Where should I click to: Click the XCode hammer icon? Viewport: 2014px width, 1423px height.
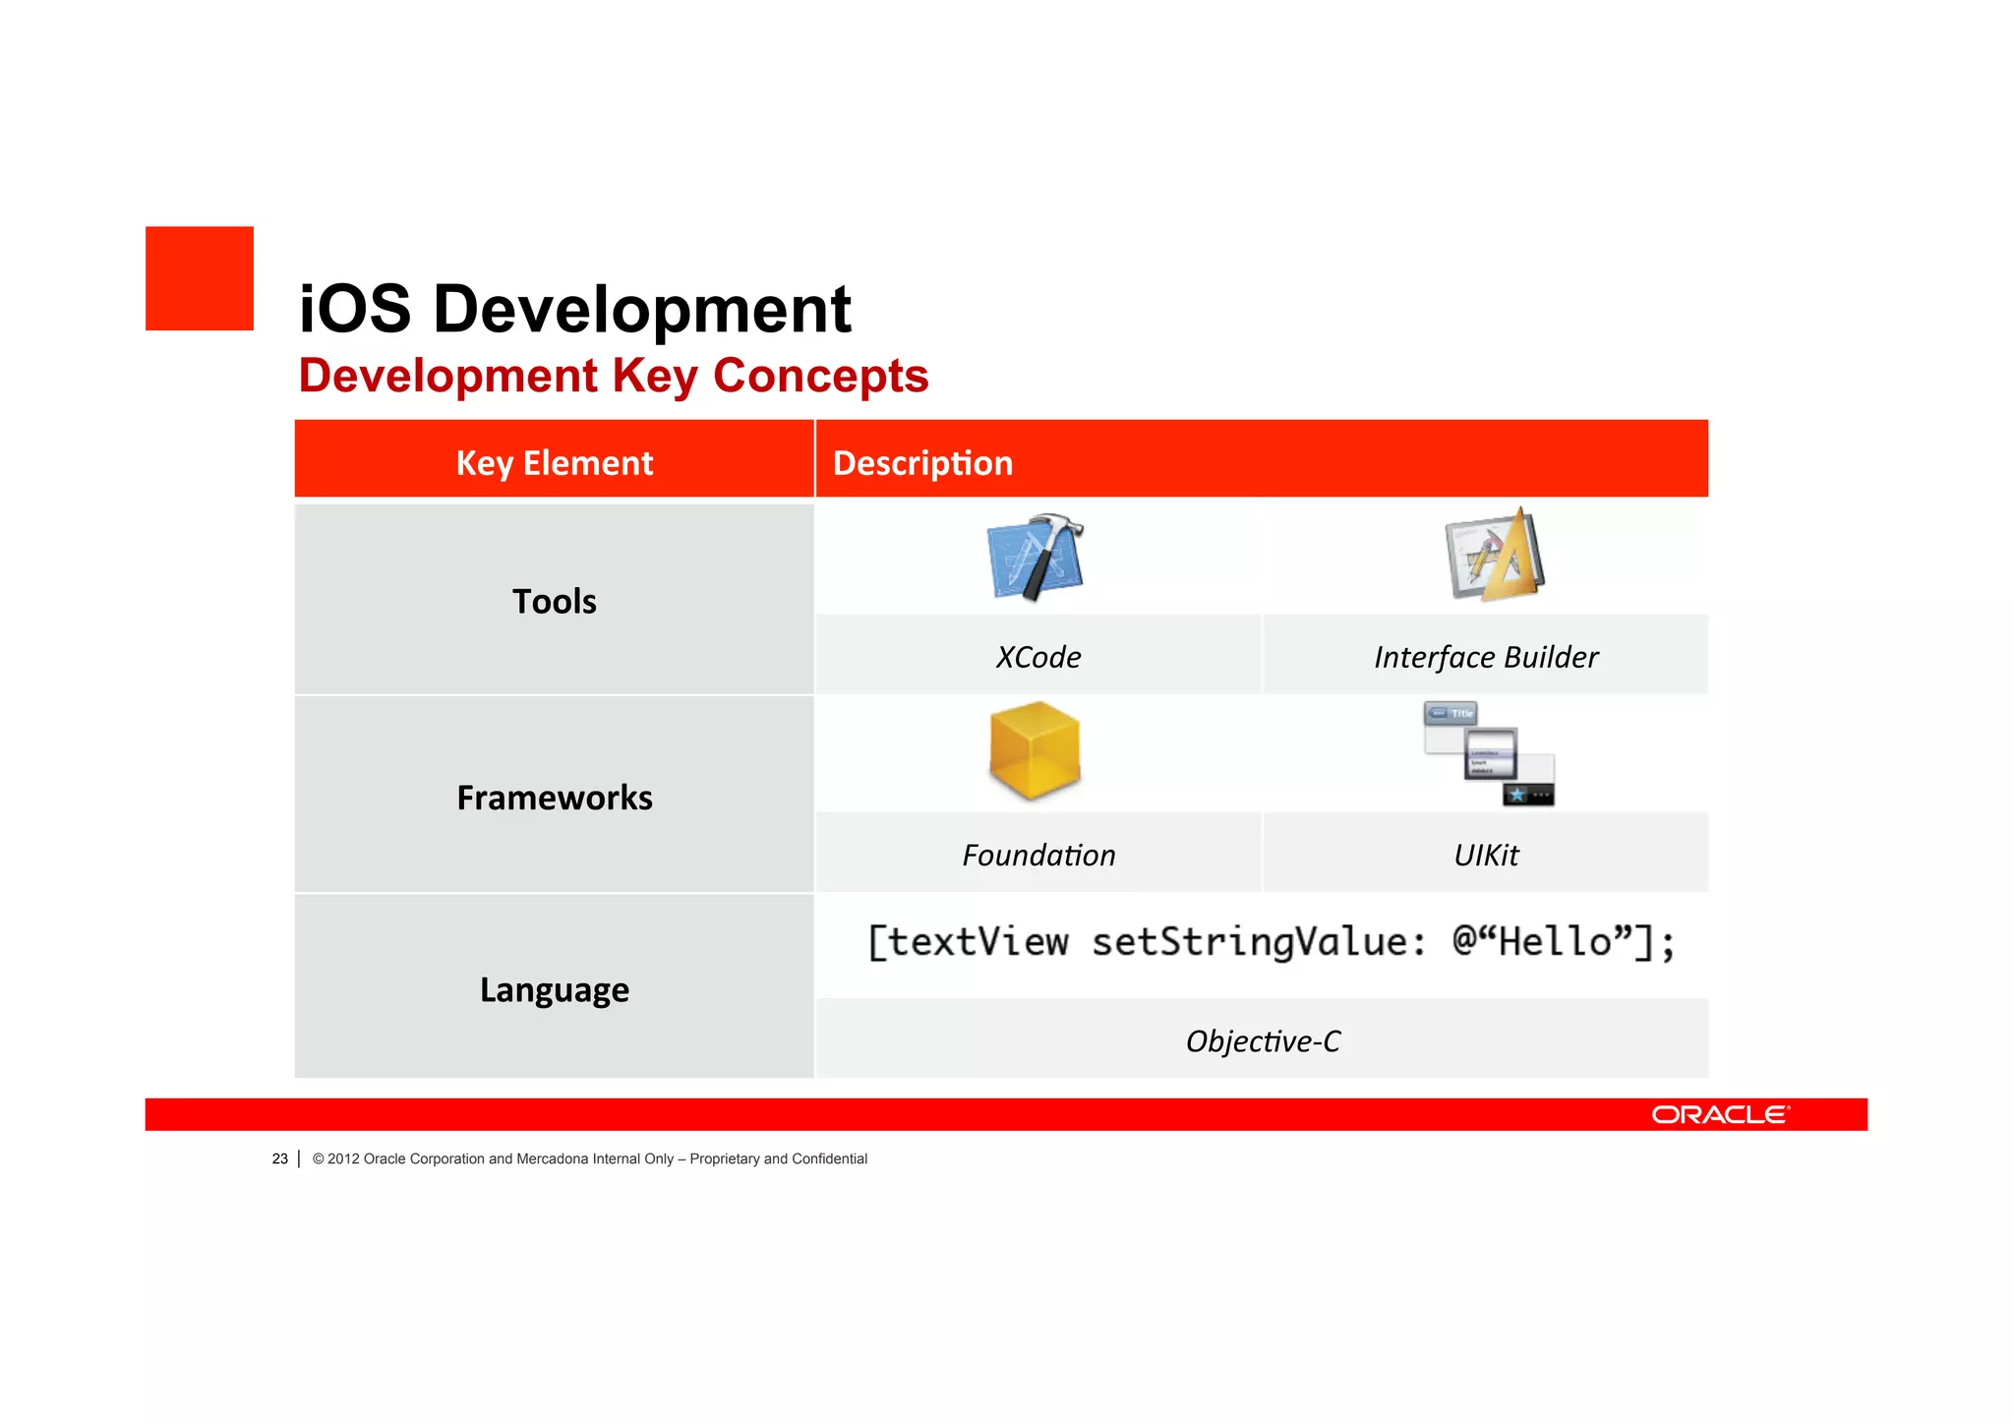1035,557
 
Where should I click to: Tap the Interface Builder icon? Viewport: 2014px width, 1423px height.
1494,556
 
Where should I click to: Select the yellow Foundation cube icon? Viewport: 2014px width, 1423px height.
1035,750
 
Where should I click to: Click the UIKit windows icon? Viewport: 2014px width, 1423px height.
1489,753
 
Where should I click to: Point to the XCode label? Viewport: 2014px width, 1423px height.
1038,657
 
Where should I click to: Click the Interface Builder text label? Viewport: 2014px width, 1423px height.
1486,657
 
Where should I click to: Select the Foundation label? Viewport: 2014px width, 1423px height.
1038,855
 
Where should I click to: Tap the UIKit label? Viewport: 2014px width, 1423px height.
1486,855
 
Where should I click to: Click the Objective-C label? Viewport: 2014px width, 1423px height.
1263,1040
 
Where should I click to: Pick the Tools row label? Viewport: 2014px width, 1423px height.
554,601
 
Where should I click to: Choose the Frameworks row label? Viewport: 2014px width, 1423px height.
554,798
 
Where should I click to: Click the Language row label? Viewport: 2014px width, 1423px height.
554,989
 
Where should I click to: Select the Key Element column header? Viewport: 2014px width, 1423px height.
554,462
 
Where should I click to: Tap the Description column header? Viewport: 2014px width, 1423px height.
922,462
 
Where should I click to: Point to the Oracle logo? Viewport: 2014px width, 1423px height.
1720,1114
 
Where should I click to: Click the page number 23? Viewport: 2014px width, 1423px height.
279,1158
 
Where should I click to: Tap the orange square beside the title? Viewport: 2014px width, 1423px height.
200,278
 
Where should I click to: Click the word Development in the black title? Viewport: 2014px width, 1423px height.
641,309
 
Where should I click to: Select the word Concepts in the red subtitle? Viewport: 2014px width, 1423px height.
820,376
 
